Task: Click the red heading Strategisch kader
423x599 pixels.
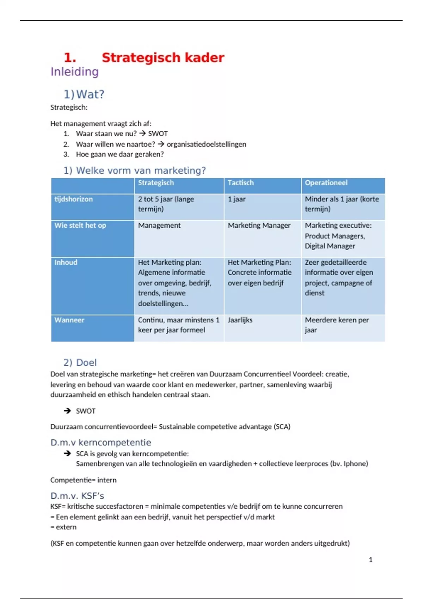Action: [x=163, y=58]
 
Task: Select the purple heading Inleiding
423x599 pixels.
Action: [x=74, y=72]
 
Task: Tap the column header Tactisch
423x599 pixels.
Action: [x=240, y=183]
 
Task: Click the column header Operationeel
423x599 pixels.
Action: [x=326, y=183]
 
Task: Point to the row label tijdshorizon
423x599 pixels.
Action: [x=73, y=199]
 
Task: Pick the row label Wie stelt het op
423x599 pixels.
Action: [x=80, y=226]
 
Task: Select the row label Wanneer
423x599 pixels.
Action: [x=69, y=320]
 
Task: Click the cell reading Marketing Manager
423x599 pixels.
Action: [x=259, y=226]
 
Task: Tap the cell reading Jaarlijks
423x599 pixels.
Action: [x=240, y=320]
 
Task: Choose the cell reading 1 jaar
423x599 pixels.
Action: [x=237, y=199]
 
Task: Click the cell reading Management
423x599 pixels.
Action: [x=159, y=226]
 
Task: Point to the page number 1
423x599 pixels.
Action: [x=370, y=560]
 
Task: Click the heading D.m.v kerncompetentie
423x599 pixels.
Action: [x=101, y=443]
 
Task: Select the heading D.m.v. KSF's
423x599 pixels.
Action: [x=77, y=496]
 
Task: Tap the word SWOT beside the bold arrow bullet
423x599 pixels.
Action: [x=86, y=411]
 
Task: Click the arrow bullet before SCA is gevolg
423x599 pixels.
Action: [x=67, y=453]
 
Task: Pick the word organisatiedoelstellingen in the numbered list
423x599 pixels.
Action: [x=206, y=144]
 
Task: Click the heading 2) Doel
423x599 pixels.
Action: [x=80, y=363]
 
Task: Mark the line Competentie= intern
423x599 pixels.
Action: [x=83, y=480]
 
